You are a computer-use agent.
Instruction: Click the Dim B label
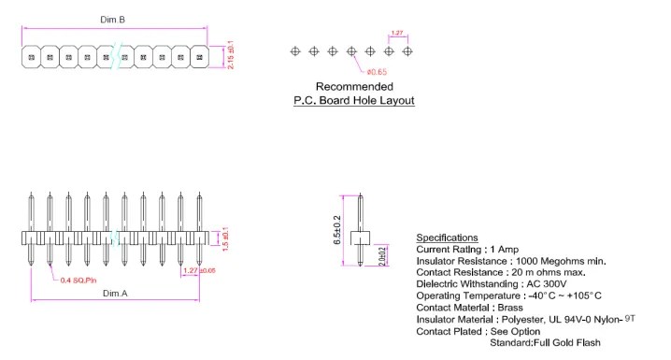tap(114, 20)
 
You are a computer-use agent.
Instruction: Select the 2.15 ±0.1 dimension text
tap(230, 55)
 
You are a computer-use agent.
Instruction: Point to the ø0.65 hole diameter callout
tap(377, 72)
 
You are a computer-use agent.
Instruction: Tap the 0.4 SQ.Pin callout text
tap(79, 281)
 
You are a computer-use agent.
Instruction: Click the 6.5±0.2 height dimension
tap(337, 229)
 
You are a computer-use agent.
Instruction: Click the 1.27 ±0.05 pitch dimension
tap(199, 270)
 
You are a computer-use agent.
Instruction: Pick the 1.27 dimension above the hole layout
tap(397, 33)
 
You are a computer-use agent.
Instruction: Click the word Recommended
tap(353, 87)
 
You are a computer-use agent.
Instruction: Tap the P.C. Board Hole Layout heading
tap(353, 100)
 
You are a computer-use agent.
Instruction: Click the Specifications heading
tap(447, 238)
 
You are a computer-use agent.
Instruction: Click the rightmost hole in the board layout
tap(407, 51)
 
